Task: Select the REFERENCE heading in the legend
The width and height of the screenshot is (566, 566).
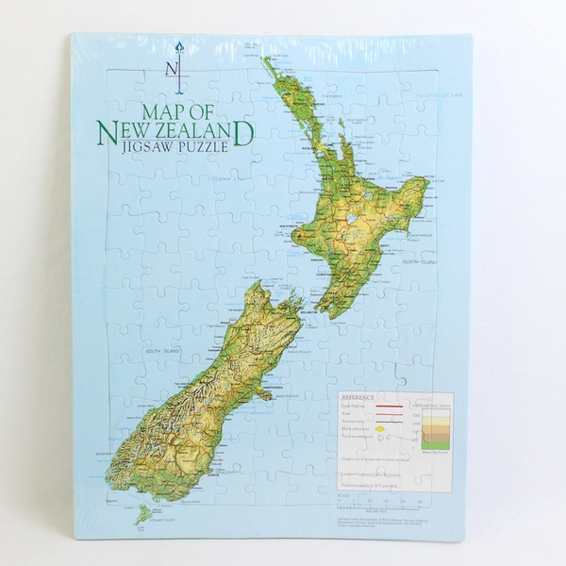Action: [x=358, y=397]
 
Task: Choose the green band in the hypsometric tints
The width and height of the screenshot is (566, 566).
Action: [x=436, y=444]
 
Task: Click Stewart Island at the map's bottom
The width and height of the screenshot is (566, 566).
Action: [x=142, y=514]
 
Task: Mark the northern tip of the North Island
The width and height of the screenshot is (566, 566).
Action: [x=267, y=61]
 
